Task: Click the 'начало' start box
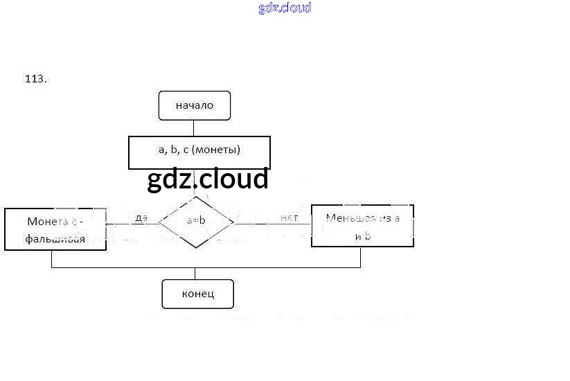click(x=194, y=105)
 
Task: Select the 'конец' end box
click(x=197, y=294)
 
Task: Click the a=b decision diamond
click(x=196, y=222)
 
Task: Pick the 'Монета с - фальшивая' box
click(x=55, y=229)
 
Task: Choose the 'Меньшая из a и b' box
click(x=362, y=226)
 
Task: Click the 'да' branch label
click(x=141, y=218)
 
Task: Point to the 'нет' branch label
click(x=289, y=218)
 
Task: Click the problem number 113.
click(x=35, y=79)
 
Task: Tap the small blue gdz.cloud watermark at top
click(x=285, y=8)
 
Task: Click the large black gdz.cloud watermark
click(x=207, y=179)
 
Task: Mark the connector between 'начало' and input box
click(x=194, y=128)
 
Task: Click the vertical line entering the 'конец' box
click(x=195, y=274)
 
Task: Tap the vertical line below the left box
click(x=51, y=259)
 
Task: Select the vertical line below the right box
click(x=361, y=257)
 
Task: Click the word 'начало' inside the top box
click(x=194, y=105)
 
